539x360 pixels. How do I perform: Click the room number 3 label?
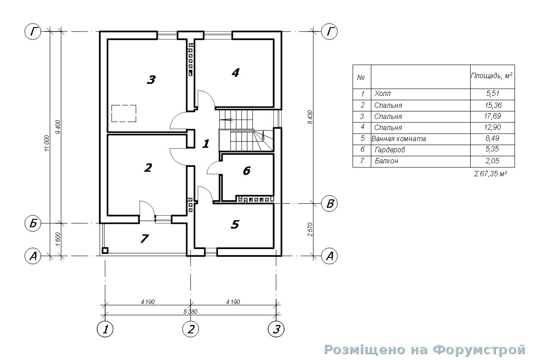(151, 79)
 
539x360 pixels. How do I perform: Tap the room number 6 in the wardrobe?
(247, 170)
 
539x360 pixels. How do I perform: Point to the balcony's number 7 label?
(144, 238)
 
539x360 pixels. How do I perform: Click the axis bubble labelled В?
(329, 204)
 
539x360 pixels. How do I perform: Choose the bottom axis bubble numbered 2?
(190, 329)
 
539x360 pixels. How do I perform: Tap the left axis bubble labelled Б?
(33, 224)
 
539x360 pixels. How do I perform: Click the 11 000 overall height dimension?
(47, 143)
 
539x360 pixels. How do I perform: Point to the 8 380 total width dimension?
(190, 312)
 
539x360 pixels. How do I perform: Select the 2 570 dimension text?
(310, 229)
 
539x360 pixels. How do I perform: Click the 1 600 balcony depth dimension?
(58, 239)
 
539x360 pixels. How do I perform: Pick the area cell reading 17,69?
(492, 116)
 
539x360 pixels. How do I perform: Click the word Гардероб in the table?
(390, 150)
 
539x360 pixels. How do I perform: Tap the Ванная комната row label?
(398, 138)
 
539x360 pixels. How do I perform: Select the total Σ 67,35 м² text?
(491, 174)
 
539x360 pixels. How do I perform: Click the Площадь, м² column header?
(491, 76)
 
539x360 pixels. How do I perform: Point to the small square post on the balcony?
(105, 250)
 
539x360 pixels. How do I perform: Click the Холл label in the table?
(382, 93)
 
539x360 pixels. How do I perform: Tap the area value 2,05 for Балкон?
(492, 161)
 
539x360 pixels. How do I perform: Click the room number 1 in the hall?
(206, 144)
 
